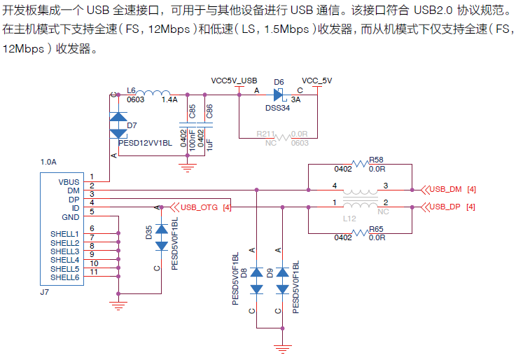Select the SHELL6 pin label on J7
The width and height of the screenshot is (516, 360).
64,277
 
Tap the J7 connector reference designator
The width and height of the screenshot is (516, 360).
45,291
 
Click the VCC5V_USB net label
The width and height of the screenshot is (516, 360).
234,81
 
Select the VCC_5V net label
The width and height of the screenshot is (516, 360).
316,81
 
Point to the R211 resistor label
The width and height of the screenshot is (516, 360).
265,133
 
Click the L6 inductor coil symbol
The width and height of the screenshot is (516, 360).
155,94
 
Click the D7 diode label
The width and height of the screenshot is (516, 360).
132,125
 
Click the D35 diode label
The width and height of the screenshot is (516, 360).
148,233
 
